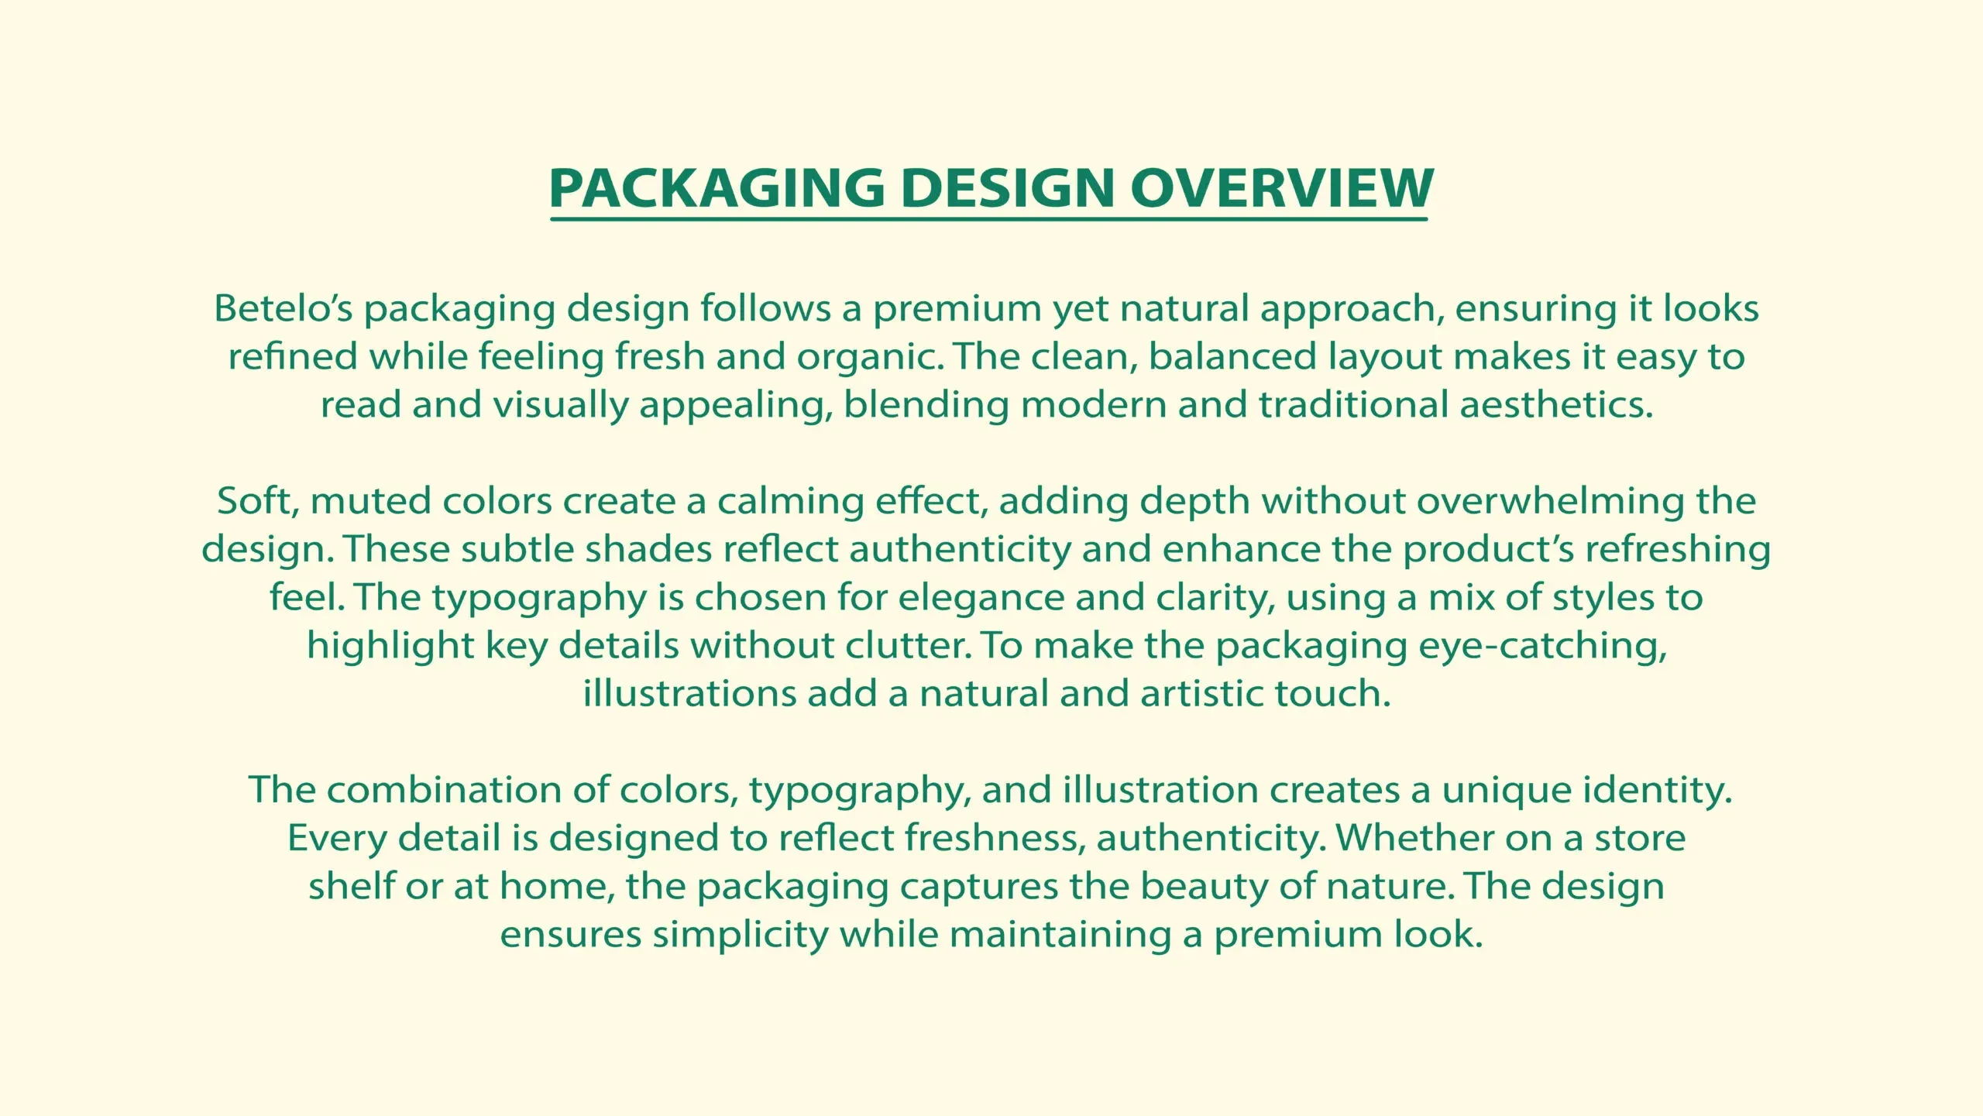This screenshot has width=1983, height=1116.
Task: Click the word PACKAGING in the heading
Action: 717,188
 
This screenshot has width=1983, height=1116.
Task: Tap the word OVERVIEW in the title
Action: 1282,188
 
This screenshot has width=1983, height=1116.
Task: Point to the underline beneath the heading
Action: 988,220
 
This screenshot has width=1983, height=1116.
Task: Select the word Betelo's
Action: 284,308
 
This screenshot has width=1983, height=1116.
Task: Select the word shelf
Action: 352,886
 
